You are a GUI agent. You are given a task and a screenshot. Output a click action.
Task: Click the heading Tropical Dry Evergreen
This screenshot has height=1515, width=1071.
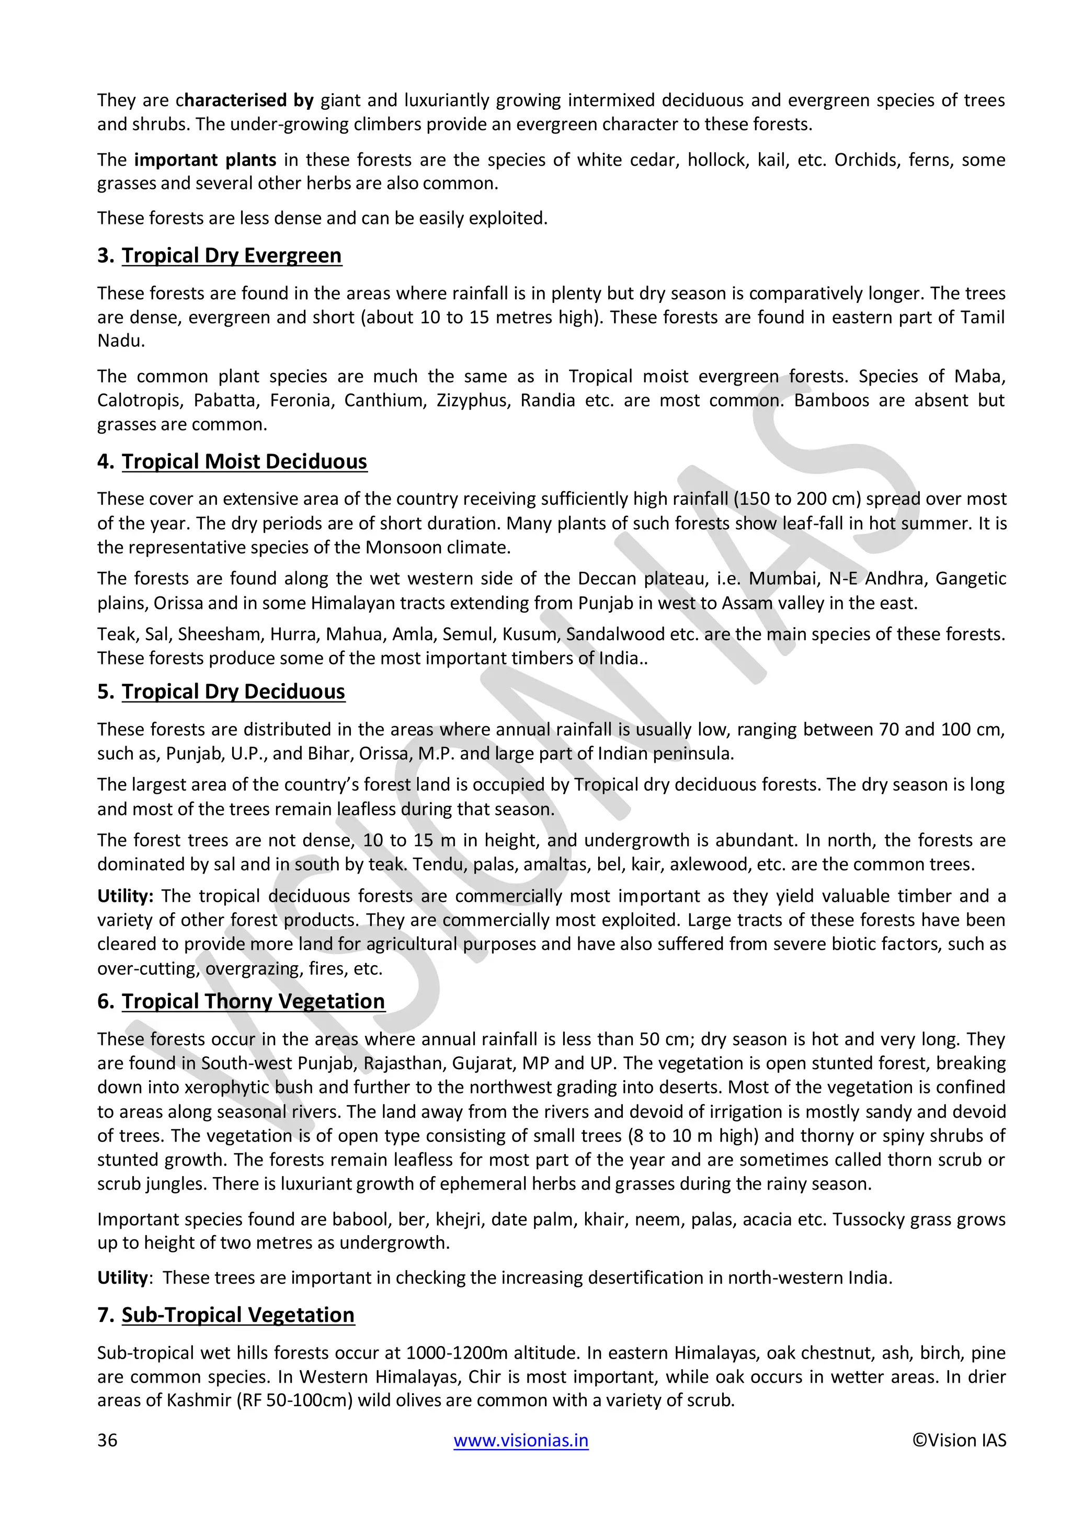(232, 255)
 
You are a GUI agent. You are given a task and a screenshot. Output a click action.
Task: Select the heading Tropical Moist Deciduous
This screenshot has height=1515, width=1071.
(244, 461)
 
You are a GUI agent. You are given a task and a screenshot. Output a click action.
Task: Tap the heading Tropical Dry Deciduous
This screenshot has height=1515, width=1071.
(233, 692)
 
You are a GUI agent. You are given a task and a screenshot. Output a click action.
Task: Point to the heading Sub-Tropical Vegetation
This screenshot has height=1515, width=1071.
(237, 1315)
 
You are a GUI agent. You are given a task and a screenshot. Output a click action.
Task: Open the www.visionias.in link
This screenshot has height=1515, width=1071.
(521, 1440)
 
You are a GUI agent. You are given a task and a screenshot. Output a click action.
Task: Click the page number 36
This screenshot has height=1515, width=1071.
(108, 1440)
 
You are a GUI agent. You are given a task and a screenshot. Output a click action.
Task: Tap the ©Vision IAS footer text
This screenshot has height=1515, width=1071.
(960, 1440)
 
